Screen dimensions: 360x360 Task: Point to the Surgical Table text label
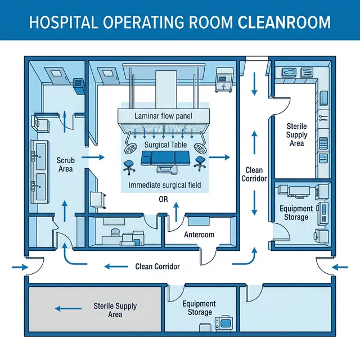pos(164,145)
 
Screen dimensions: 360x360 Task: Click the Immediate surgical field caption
pos(164,185)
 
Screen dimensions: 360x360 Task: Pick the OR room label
pos(164,199)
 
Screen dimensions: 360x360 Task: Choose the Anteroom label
pos(199,235)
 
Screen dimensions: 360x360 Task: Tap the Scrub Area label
pos(66,165)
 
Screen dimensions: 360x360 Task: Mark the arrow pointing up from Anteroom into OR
pos(176,213)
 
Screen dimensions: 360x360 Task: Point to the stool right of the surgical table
pos(200,165)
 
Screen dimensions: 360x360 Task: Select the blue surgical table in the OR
pos(164,162)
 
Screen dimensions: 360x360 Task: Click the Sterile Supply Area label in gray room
pos(115,310)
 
